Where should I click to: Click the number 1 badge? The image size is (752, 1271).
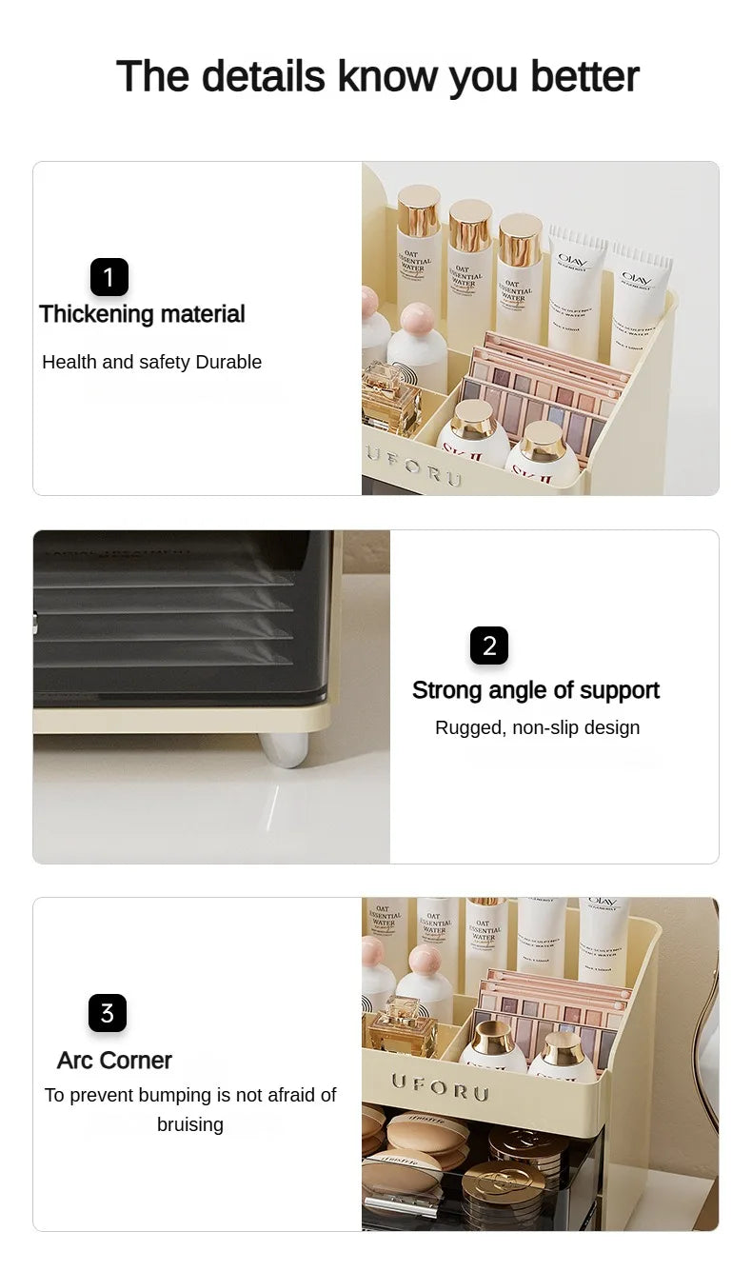[x=109, y=277]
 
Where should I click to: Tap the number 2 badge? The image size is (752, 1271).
[x=489, y=645]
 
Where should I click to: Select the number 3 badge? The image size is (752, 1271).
[x=108, y=1013]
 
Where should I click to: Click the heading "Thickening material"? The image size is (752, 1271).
[x=142, y=314]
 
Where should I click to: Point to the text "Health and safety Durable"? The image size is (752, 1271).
[x=151, y=362]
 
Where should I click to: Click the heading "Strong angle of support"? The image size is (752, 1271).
[x=535, y=690]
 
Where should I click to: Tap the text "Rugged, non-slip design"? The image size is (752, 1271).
[x=537, y=727]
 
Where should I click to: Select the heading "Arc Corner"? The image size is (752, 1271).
[x=114, y=1060]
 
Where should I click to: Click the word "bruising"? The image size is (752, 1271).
[x=190, y=1124]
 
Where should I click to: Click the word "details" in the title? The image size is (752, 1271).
[x=263, y=76]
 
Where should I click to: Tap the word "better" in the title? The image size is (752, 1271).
[x=584, y=76]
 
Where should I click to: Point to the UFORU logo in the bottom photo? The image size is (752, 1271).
[x=439, y=1086]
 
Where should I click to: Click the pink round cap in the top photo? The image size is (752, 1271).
[x=417, y=319]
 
